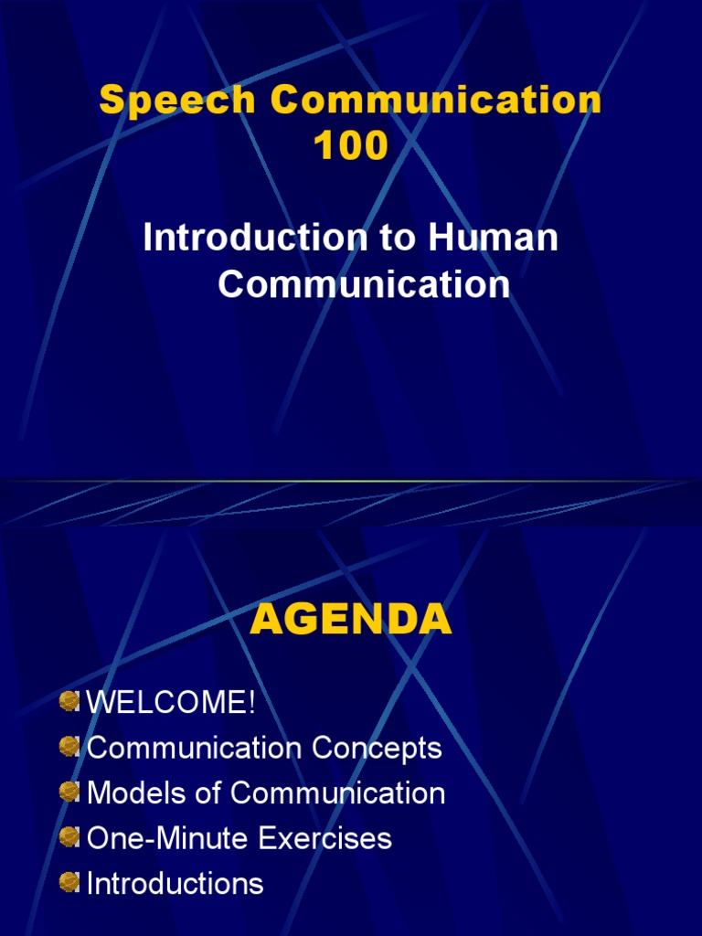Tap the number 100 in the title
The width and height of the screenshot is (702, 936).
click(351, 145)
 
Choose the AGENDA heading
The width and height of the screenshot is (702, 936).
click(351, 621)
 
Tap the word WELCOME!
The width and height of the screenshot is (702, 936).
click(171, 703)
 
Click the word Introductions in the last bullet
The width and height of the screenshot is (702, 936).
click(175, 883)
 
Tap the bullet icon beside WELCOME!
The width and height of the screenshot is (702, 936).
click(69, 702)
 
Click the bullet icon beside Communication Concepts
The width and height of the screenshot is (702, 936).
click(69, 747)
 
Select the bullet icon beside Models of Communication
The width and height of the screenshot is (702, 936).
click(69, 792)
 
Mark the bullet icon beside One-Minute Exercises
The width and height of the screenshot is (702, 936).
click(69, 836)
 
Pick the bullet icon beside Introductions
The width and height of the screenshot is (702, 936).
click(69, 881)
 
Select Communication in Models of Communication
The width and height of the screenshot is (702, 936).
click(337, 793)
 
